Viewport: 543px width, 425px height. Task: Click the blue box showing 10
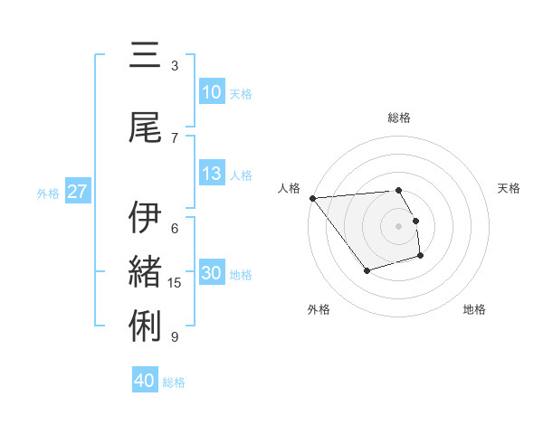pos(212,92)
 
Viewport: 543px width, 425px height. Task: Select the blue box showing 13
pos(212,174)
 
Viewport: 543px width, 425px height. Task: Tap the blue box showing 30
pos(212,273)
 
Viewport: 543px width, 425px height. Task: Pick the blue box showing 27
pos(77,192)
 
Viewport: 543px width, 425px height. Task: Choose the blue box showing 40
pos(145,381)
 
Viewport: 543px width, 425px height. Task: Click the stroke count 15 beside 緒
pos(175,283)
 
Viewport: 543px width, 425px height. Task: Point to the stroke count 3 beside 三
pos(175,65)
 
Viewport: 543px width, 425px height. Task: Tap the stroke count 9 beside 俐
pos(175,337)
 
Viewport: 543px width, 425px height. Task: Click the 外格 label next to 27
pos(48,193)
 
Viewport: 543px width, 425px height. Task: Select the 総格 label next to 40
pos(174,382)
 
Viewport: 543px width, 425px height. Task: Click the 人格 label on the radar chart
pos(290,188)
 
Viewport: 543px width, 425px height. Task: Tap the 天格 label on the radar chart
pos(510,188)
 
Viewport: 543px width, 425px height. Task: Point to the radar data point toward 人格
pos(312,198)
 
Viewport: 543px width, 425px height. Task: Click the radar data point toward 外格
pos(367,270)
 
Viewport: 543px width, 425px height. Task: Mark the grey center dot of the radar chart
pos(398,225)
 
